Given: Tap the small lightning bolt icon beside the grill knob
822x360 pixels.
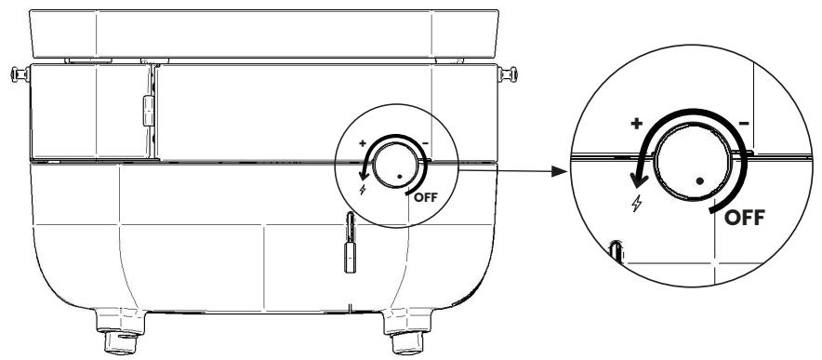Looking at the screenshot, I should (x=363, y=189).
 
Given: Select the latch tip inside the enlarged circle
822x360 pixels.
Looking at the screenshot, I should (x=615, y=250).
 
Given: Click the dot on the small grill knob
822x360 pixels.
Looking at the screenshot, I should (x=398, y=175).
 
